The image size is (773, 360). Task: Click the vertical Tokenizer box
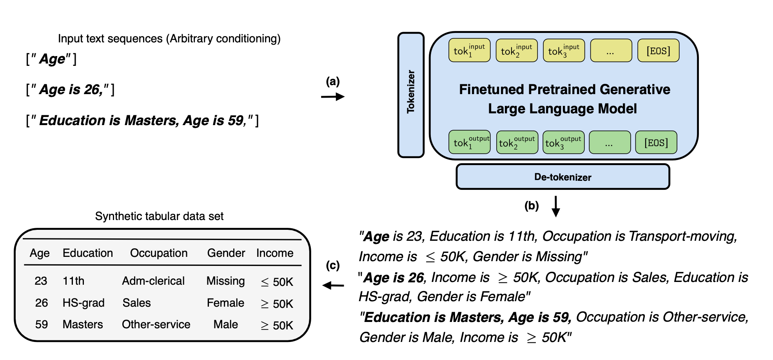411,95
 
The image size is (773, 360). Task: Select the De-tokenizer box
563,177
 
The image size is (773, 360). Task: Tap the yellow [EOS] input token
658,51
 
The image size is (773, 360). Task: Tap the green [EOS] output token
656,142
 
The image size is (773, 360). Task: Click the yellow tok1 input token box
469,51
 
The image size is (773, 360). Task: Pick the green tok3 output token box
563,142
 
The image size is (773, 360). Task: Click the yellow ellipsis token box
611,51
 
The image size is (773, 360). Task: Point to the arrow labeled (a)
332,96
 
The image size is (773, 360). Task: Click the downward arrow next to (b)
555,206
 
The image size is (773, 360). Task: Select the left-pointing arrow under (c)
333,285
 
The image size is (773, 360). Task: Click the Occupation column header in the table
159,253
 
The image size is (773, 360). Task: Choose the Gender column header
226,253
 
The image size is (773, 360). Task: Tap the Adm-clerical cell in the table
153,281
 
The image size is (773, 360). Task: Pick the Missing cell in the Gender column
225,281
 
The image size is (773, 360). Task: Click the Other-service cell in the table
156,324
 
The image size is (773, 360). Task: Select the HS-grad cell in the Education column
83,303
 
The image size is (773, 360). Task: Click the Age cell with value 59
42,324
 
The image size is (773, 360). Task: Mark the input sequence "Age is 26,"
71,89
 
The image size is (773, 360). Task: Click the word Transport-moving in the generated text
683,236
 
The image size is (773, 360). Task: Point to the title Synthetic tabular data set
159,216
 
